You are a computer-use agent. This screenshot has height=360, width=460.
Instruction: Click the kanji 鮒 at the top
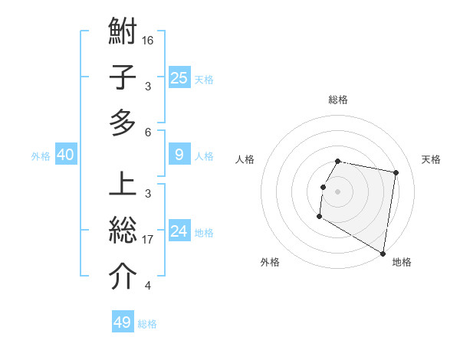pos(123,33)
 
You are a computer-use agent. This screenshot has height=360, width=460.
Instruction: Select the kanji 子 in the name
pos(123,77)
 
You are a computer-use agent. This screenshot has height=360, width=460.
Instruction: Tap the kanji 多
pos(123,123)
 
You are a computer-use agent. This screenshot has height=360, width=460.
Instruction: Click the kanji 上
pos(123,185)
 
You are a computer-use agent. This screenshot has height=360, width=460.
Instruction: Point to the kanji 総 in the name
pos(123,231)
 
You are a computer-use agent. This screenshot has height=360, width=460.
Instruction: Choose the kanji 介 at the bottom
pos(123,277)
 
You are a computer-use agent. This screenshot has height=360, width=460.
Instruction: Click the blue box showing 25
pos(179,77)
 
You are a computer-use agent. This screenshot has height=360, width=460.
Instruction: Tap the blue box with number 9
pos(179,155)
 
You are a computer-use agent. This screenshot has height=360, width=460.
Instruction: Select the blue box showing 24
pos(179,231)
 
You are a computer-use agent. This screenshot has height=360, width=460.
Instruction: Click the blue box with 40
pos(65,155)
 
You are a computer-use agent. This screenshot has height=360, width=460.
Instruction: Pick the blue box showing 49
pos(123,322)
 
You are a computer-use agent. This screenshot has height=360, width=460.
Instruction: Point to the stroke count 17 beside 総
pos(148,239)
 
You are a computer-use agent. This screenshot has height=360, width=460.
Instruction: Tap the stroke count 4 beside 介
pos(147,286)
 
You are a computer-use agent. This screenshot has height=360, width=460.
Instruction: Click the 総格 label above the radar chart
pos(338,100)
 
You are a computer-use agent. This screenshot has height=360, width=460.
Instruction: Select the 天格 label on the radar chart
pos(431,159)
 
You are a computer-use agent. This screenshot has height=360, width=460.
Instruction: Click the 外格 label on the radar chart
pos(269,262)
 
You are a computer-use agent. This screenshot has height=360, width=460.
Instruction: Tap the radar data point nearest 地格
pos(383,254)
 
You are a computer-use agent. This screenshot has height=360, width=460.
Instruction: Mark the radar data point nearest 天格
pos(396,173)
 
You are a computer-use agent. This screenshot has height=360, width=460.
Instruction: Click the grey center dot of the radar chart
pos(337,191)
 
